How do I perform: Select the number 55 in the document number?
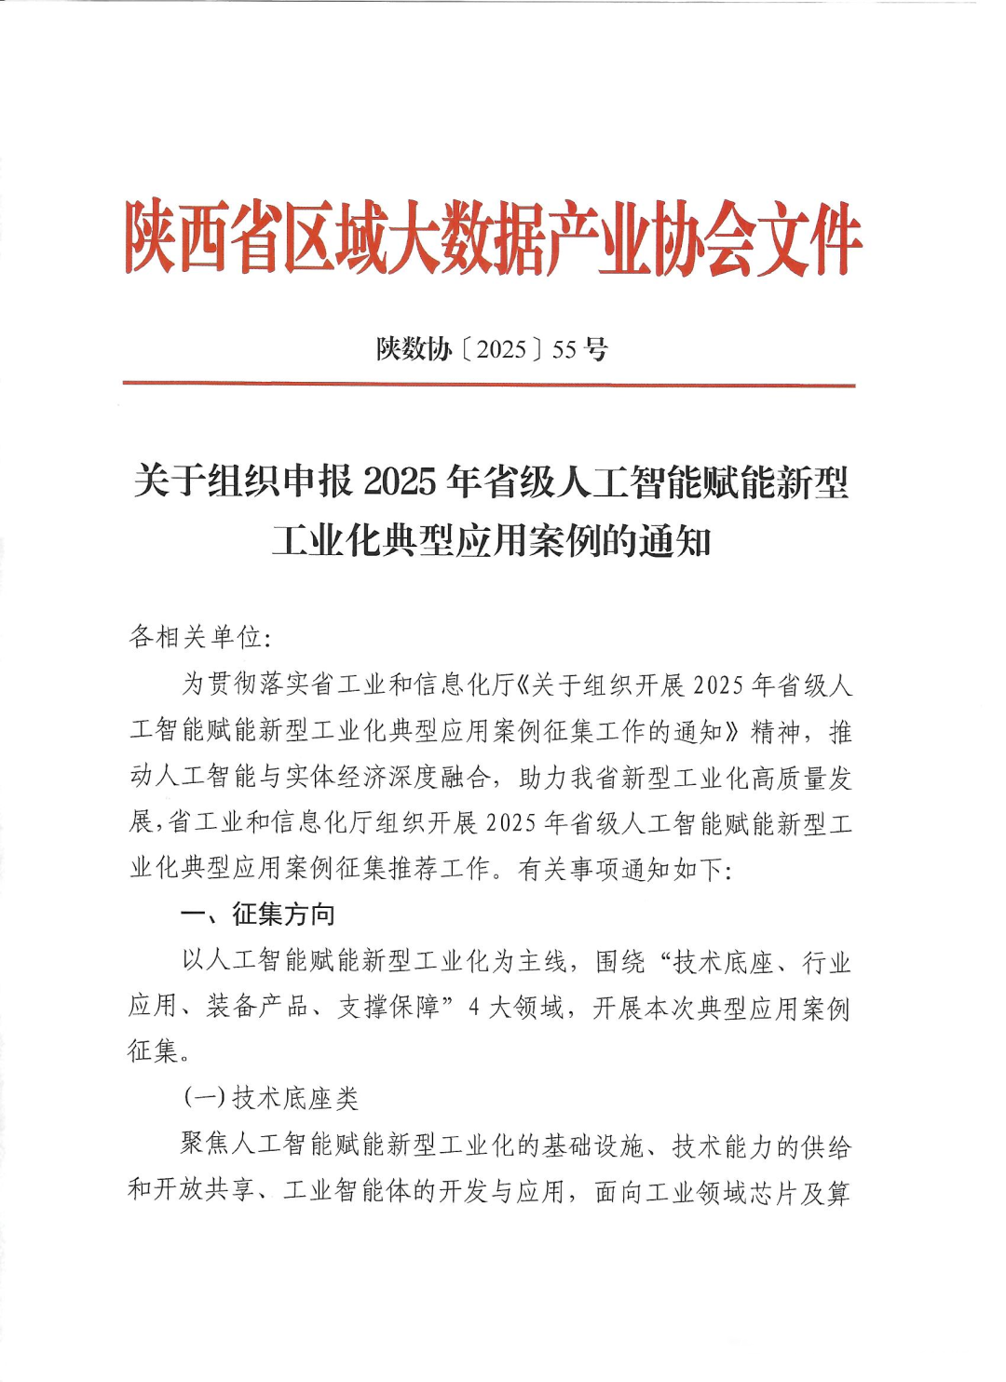[x=564, y=349]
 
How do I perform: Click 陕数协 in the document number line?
[x=414, y=349]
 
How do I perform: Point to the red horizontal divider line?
[x=489, y=384]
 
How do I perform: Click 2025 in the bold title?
[x=400, y=482]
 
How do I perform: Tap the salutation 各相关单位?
[x=195, y=637]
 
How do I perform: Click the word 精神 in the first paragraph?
[x=776, y=732]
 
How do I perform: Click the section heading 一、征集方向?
[x=258, y=915]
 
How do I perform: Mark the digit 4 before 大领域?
[x=473, y=1008]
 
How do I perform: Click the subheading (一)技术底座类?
[x=270, y=1098]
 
